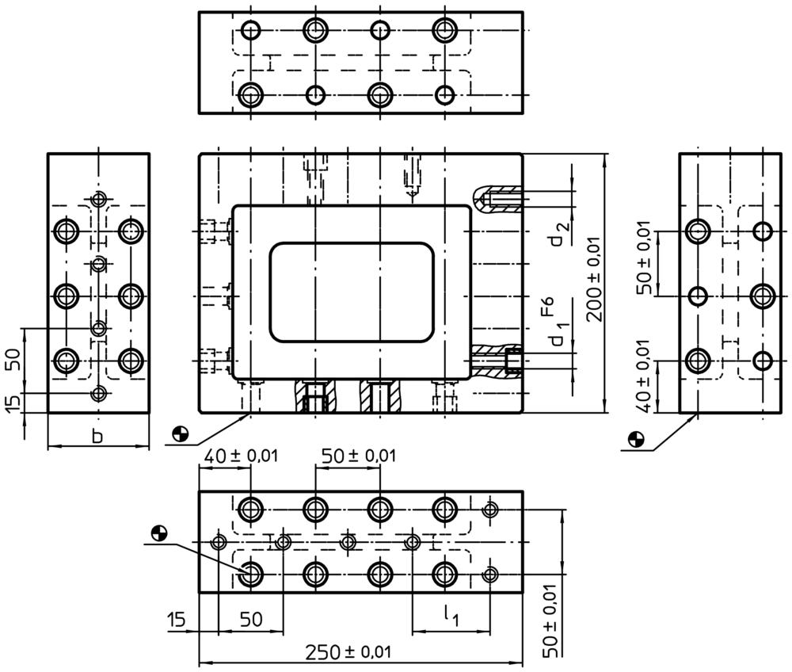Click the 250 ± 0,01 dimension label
pyautogui.click(x=348, y=651)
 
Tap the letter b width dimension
pyautogui.click(x=97, y=436)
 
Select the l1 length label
pyautogui.click(x=451, y=616)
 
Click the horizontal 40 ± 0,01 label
pyautogui.click(x=241, y=456)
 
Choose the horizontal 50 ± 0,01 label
pyautogui.click(x=359, y=456)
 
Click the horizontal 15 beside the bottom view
pyautogui.click(x=177, y=620)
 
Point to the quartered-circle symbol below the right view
pyautogui.click(x=636, y=439)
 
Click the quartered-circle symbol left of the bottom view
pyautogui.click(x=159, y=532)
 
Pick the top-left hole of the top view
pyautogui.click(x=250, y=30)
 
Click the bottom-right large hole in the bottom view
pyautogui.click(x=445, y=574)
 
